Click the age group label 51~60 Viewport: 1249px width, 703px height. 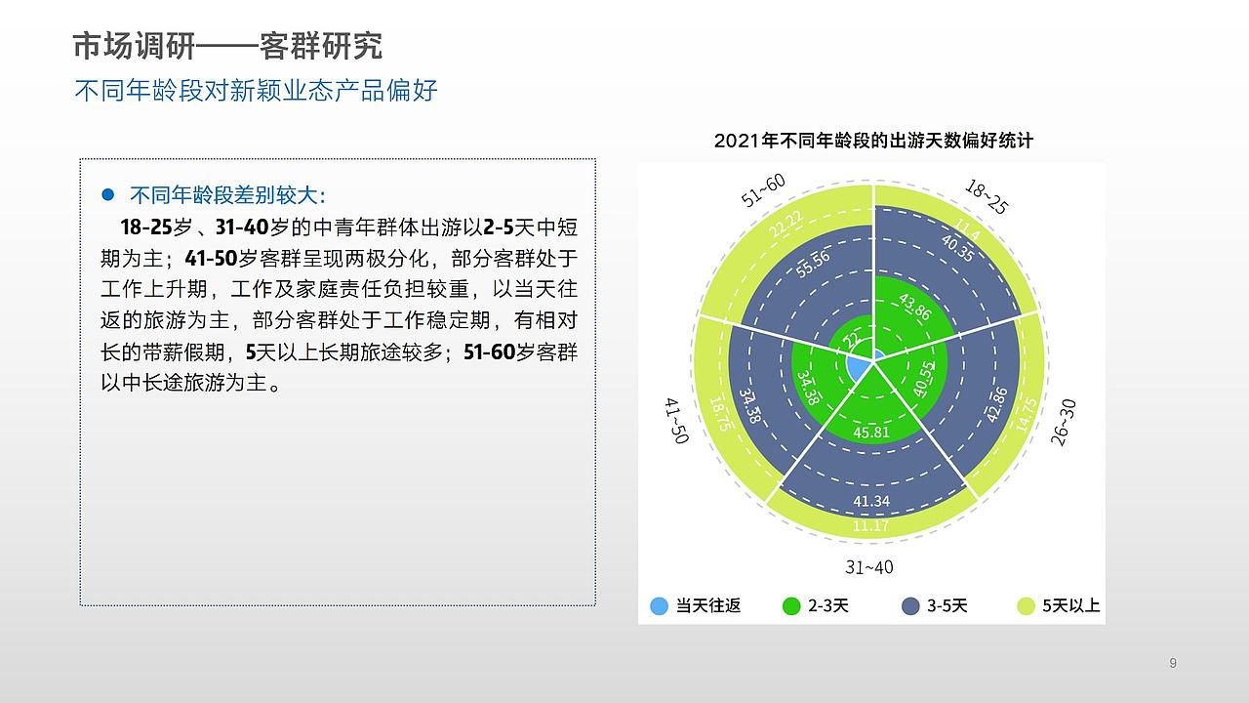click(x=763, y=191)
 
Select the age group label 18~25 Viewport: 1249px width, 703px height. click(x=986, y=196)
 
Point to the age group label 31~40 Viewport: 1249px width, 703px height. click(x=868, y=567)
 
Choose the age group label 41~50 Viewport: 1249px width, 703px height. click(x=676, y=421)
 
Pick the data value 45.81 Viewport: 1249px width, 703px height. click(x=871, y=432)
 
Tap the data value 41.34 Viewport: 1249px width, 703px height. click(x=871, y=501)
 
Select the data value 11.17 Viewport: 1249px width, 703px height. click(x=870, y=526)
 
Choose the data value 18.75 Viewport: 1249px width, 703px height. click(x=720, y=414)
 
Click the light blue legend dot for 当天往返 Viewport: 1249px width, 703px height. click(x=660, y=606)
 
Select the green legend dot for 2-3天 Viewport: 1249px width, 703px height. click(x=791, y=606)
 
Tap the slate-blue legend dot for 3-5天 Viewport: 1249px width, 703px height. click(x=910, y=606)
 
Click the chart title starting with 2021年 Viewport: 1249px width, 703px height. click(x=872, y=141)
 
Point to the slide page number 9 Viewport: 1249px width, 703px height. click(x=1173, y=664)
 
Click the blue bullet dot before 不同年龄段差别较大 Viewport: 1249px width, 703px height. click(x=108, y=193)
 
